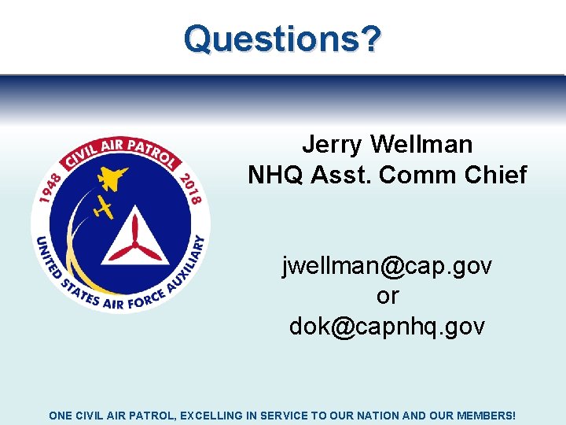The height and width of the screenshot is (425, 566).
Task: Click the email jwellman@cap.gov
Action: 387,267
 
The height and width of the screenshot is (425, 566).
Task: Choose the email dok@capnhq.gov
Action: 387,326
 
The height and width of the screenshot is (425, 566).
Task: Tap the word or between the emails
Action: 388,297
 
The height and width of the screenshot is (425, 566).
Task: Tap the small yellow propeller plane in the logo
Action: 103,208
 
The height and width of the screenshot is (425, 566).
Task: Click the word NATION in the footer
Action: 369,414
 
